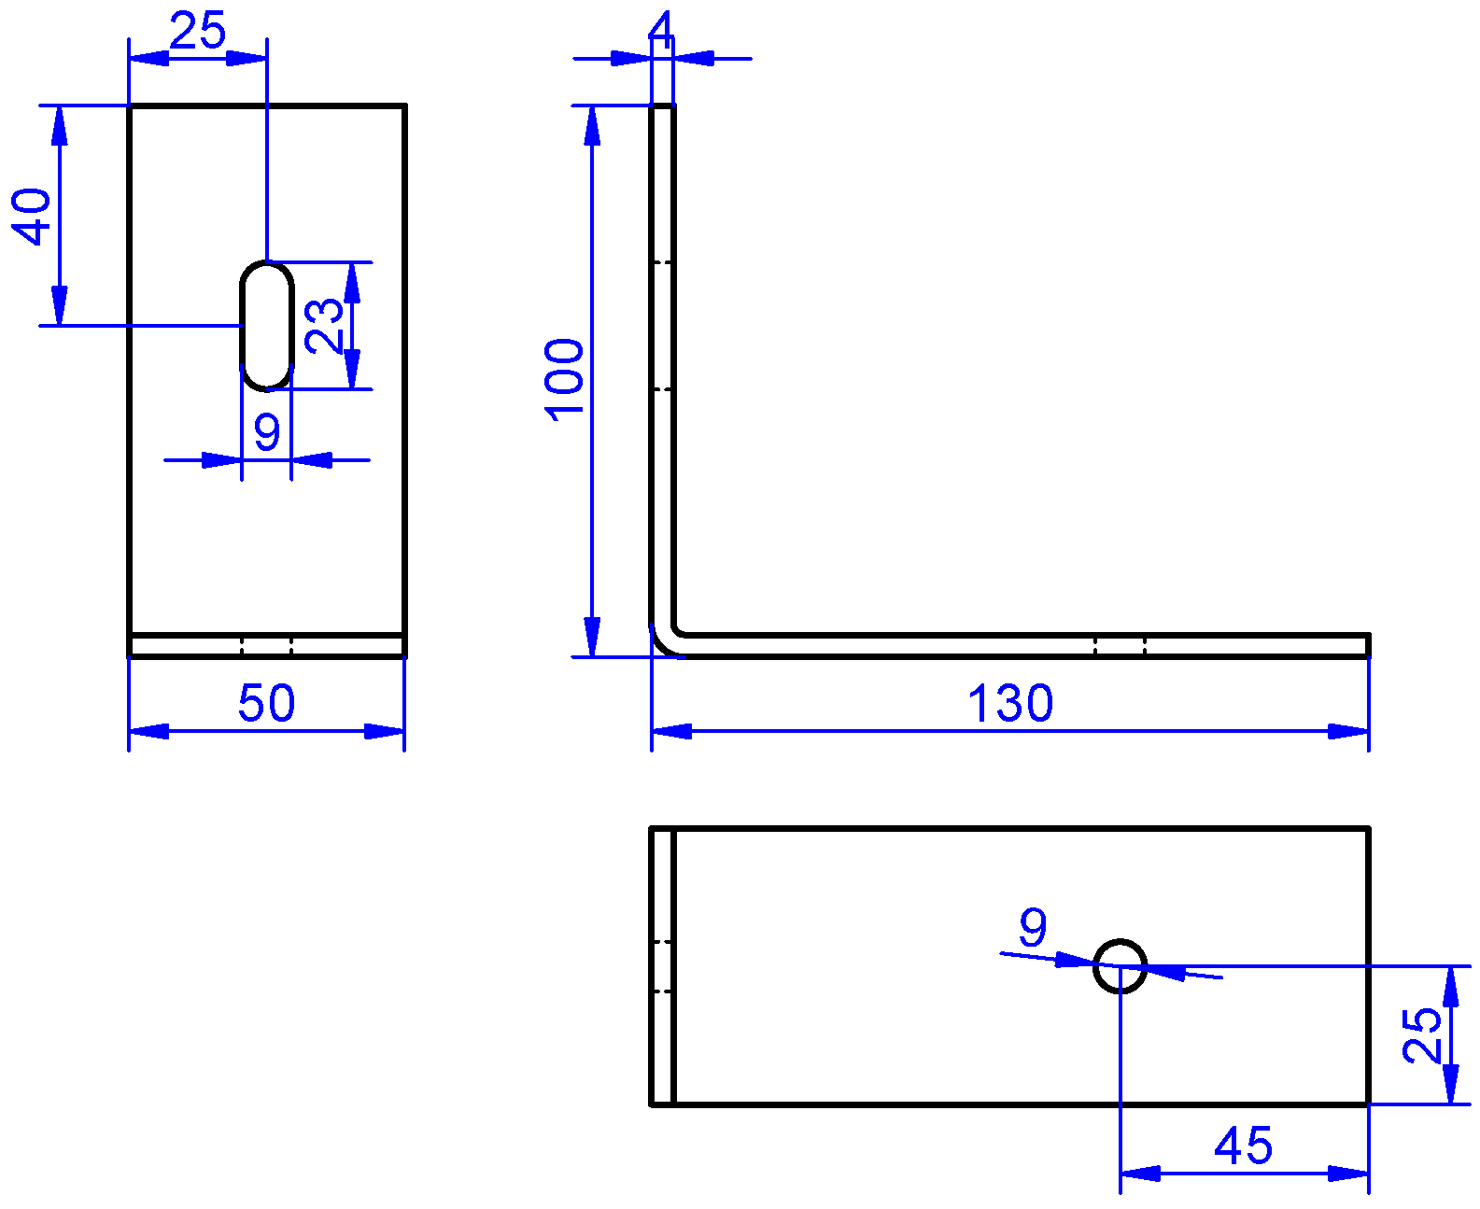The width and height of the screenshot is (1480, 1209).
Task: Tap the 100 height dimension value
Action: (564, 380)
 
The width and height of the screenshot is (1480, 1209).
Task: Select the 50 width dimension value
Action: (267, 702)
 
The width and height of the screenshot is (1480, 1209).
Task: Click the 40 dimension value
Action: (32, 216)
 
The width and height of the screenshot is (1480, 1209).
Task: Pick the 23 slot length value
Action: (323, 326)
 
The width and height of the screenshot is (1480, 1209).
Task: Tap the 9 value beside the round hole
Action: (1033, 927)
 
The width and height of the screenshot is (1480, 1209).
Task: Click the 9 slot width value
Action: (267, 431)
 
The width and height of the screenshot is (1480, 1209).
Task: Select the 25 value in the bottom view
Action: (1422, 1035)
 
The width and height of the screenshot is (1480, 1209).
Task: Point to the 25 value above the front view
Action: (197, 30)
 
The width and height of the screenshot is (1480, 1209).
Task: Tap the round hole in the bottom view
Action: (1120, 940)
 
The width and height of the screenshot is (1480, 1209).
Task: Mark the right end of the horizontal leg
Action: (1369, 645)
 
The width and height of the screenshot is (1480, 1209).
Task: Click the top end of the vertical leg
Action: (662, 105)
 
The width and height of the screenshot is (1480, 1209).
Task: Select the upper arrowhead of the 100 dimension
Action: (592, 126)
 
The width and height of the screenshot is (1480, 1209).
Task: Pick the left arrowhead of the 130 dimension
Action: (671, 731)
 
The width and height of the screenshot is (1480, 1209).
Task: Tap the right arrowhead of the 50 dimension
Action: (384, 731)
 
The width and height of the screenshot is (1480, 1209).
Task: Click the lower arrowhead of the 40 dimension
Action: (60, 306)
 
